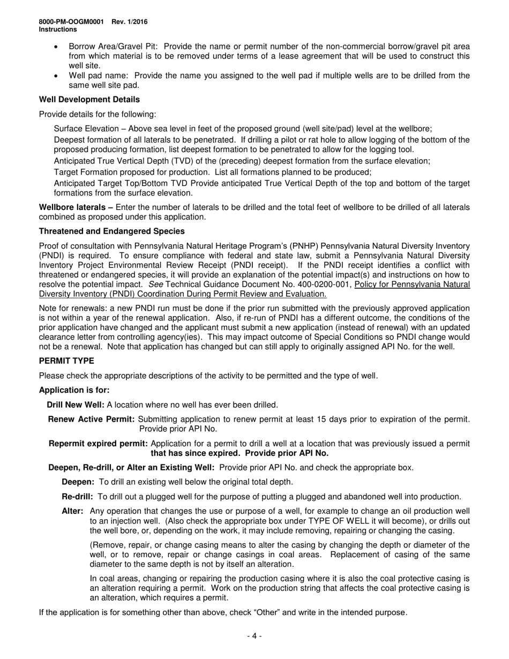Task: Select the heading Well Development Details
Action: click(x=89, y=100)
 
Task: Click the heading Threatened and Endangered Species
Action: click(x=112, y=231)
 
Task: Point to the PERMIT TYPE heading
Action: click(x=66, y=361)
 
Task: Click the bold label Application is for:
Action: click(x=74, y=390)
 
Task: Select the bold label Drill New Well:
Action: click(x=76, y=405)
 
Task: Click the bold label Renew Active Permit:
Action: click(x=93, y=419)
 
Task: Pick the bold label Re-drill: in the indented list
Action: click(x=78, y=497)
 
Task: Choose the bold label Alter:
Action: click(x=72, y=511)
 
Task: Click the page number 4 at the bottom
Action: click(x=254, y=636)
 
